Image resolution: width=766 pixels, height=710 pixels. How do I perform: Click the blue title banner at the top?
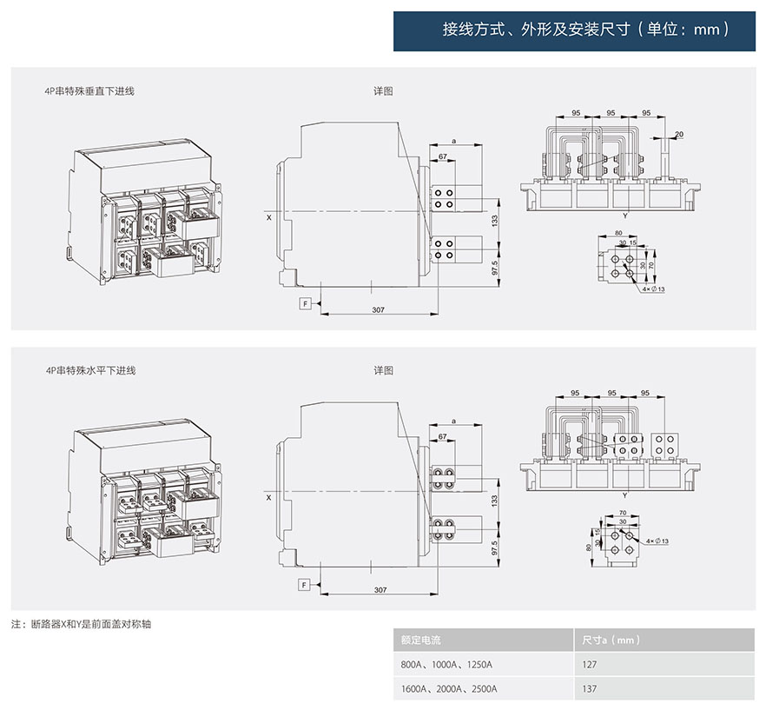(x=574, y=30)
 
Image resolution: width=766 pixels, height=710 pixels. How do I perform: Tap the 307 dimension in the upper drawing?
(x=379, y=309)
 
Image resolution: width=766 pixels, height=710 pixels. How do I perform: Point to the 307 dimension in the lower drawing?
(x=379, y=590)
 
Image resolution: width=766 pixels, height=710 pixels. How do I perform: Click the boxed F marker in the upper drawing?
(x=305, y=302)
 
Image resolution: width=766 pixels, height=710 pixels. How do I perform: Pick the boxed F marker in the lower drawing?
(x=305, y=584)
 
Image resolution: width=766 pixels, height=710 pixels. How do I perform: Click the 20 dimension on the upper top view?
(x=679, y=134)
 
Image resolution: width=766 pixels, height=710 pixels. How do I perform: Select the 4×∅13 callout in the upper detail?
(x=654, y=289)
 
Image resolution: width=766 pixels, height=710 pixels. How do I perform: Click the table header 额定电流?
(x=421, y=640)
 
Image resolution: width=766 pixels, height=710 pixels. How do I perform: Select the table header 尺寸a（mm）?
(x=610, y=640)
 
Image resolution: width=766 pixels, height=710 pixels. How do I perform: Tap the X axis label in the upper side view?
(x=268, y=216)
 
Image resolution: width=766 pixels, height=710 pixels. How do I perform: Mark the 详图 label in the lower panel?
(x=384, y=370)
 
